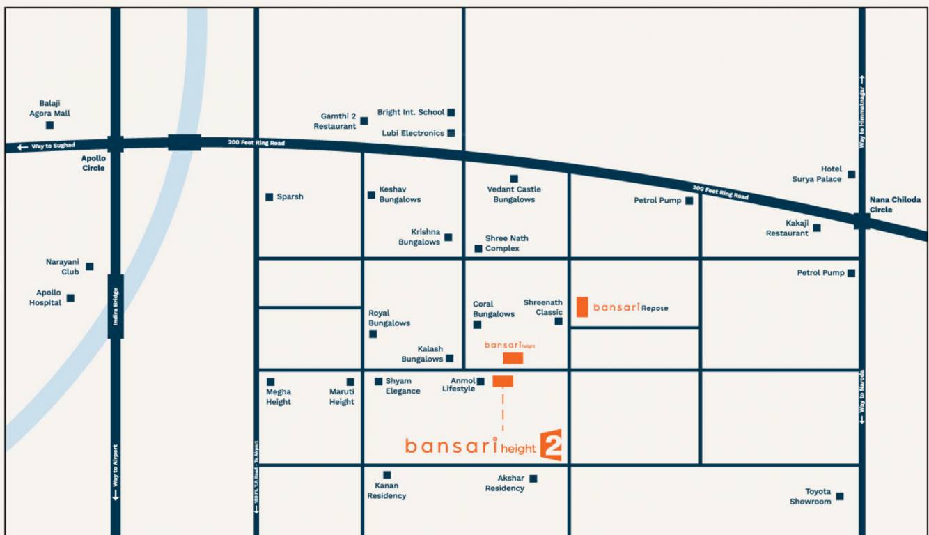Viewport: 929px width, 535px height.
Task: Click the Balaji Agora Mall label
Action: pyautogui.click(x=49, y=108)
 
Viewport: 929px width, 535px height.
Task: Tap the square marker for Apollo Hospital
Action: pyautogui.click(x=70, y=298)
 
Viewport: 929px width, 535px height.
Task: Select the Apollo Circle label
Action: pyautogui.click(x=93, y=163)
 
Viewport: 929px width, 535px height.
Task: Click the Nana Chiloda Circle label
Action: pyautogui.click(x=895, y=205)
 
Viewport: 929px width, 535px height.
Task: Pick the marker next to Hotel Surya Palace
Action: pyautogui.click(x=851, y=175)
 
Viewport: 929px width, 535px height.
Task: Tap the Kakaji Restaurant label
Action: pyautogui.click(x=787, y=228)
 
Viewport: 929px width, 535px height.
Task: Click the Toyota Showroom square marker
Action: pyautogui.click(x=840, y=497)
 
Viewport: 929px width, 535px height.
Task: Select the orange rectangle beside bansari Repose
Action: pyautogui.click(x=582, y=307)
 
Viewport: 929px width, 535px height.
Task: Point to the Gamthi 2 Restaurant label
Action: pyautogui.click(x=335, y=121)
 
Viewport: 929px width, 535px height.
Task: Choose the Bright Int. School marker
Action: pyautogui.click(x=451, y=112)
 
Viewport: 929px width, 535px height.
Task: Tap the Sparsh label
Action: pyautogui.click(x=290, y=197)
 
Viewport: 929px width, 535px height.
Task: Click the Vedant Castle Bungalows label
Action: pyautogui.click(x=514, y=194)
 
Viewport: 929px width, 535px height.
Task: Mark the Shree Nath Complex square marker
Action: pyautogui.click(x=478, y=249)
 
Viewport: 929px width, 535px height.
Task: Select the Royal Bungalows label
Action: pyautogui.click(x=389, y=318)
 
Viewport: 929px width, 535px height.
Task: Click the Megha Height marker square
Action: pyautogui.click(x=270, y=382)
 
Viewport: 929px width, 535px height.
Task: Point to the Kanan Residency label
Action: pyautogui.click(x=387, y=490)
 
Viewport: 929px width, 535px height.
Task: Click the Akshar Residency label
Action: pyautogui.click(x=505, y=483)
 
